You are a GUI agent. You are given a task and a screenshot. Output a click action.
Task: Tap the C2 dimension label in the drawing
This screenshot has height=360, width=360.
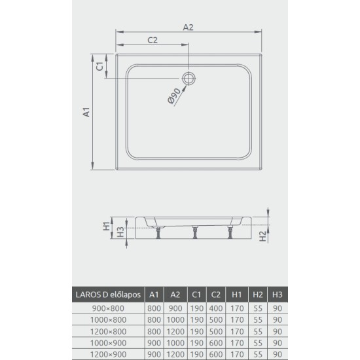tap(153, 40)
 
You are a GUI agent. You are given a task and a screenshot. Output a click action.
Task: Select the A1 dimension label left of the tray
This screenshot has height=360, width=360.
tap(85, 113)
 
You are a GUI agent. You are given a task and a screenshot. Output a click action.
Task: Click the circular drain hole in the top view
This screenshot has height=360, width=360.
tap(190, 79)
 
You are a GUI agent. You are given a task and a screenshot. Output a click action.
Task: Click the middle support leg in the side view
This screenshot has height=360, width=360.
tap(194, 233)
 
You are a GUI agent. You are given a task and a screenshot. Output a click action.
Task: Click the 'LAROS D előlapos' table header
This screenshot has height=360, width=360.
tap(107, 294)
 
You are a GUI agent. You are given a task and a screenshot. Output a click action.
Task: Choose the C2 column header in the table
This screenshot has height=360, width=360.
tap(214, 294)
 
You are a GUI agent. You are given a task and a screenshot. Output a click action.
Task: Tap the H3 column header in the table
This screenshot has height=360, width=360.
tap(278, 294)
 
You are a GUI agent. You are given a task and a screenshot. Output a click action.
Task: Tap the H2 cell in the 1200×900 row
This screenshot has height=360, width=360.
tap(257, 353)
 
